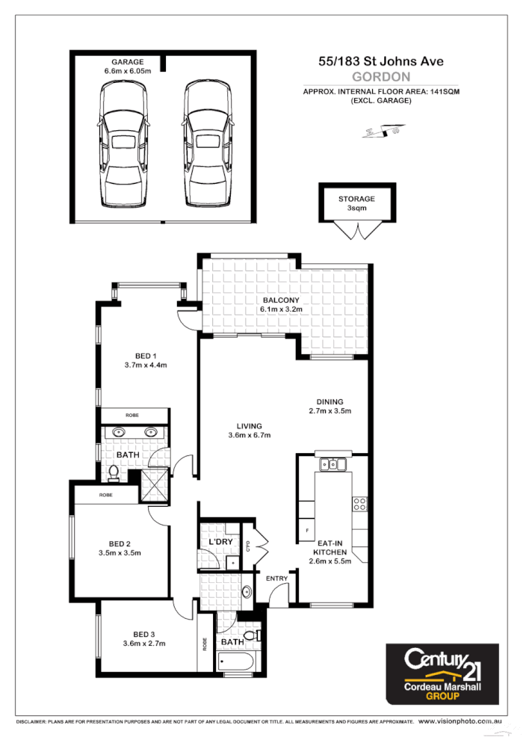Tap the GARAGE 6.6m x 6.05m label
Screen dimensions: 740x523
click(x=127, y=67)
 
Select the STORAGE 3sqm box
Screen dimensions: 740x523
click(x=356, y=203)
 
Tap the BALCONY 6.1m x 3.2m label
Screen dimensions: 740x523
click(x=281, y=304)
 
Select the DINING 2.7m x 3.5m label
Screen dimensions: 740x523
click(x=329, y=406)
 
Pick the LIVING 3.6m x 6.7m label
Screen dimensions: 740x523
click(x=249, y=431)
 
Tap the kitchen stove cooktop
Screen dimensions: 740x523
click(x=359, y=504)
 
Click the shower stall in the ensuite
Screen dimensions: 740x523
click(x=155, y=485)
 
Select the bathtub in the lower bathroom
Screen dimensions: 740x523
click(x=237, y=662)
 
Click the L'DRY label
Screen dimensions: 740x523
click(x=220, y=540)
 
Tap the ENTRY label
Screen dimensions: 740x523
click(x=276, y=579)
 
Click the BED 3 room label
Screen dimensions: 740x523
click(x=144, y=638)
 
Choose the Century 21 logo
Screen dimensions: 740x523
click(x=441, y=672)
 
